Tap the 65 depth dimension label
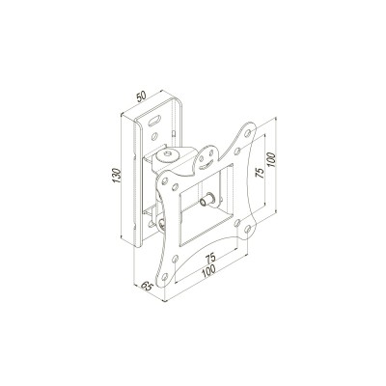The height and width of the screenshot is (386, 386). point(147,287)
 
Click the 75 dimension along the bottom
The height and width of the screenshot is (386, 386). point(209,260)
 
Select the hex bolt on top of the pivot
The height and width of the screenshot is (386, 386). point(171,152)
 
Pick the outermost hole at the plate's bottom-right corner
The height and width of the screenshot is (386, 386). point(254,228)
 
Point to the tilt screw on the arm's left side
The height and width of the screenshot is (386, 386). point(160,223)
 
